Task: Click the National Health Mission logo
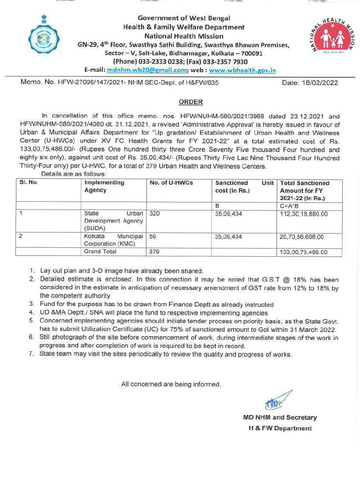click(x=332, y=38)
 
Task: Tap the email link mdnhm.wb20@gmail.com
click(x=147, y=70)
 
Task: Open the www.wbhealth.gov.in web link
click(x=242, y=70)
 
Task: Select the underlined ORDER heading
click(x=191, y=102)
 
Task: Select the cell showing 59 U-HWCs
click(x=152, y=237)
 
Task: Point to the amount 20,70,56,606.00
click(x=303, y=237)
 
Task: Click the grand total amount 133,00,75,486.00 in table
click(x=303, y=252)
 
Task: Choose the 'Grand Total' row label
click(x=101, y=252)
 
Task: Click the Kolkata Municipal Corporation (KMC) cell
click(x=113, y=240)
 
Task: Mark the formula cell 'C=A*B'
click(x=290, y=205)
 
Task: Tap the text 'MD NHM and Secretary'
click(x=279, y=417)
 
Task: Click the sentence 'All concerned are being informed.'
click(x=171, y=384)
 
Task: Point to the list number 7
click(x=32, y=354)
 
